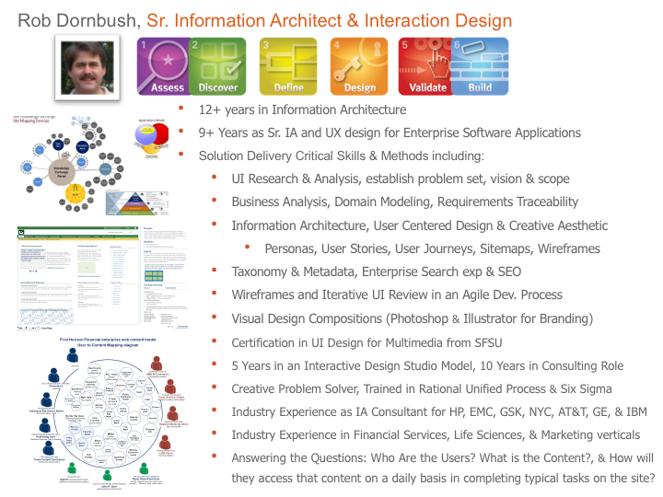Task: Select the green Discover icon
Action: [x=216, y=66]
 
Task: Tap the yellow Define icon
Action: [x=288, y=66]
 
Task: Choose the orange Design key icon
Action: [x=359, y=66]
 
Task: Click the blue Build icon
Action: [x=479, y=66]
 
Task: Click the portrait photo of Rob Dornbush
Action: [x=90, y=64]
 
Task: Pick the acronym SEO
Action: [x=507, y=272]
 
